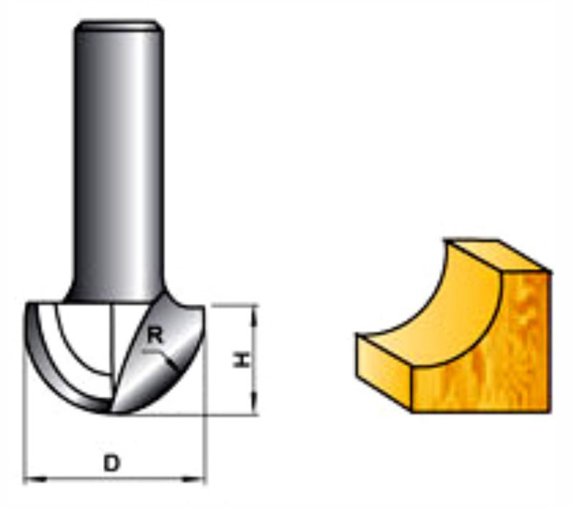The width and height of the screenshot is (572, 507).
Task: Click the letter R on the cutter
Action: [154, 335]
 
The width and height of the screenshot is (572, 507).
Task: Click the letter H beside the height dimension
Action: [242, 359]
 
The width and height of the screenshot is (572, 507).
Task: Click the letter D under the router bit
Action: [112, 463]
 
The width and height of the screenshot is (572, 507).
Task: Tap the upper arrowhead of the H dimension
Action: [255, 315]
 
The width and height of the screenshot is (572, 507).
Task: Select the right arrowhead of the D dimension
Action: [194, 479]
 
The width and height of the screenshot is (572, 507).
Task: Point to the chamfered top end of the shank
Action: [119, 26]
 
